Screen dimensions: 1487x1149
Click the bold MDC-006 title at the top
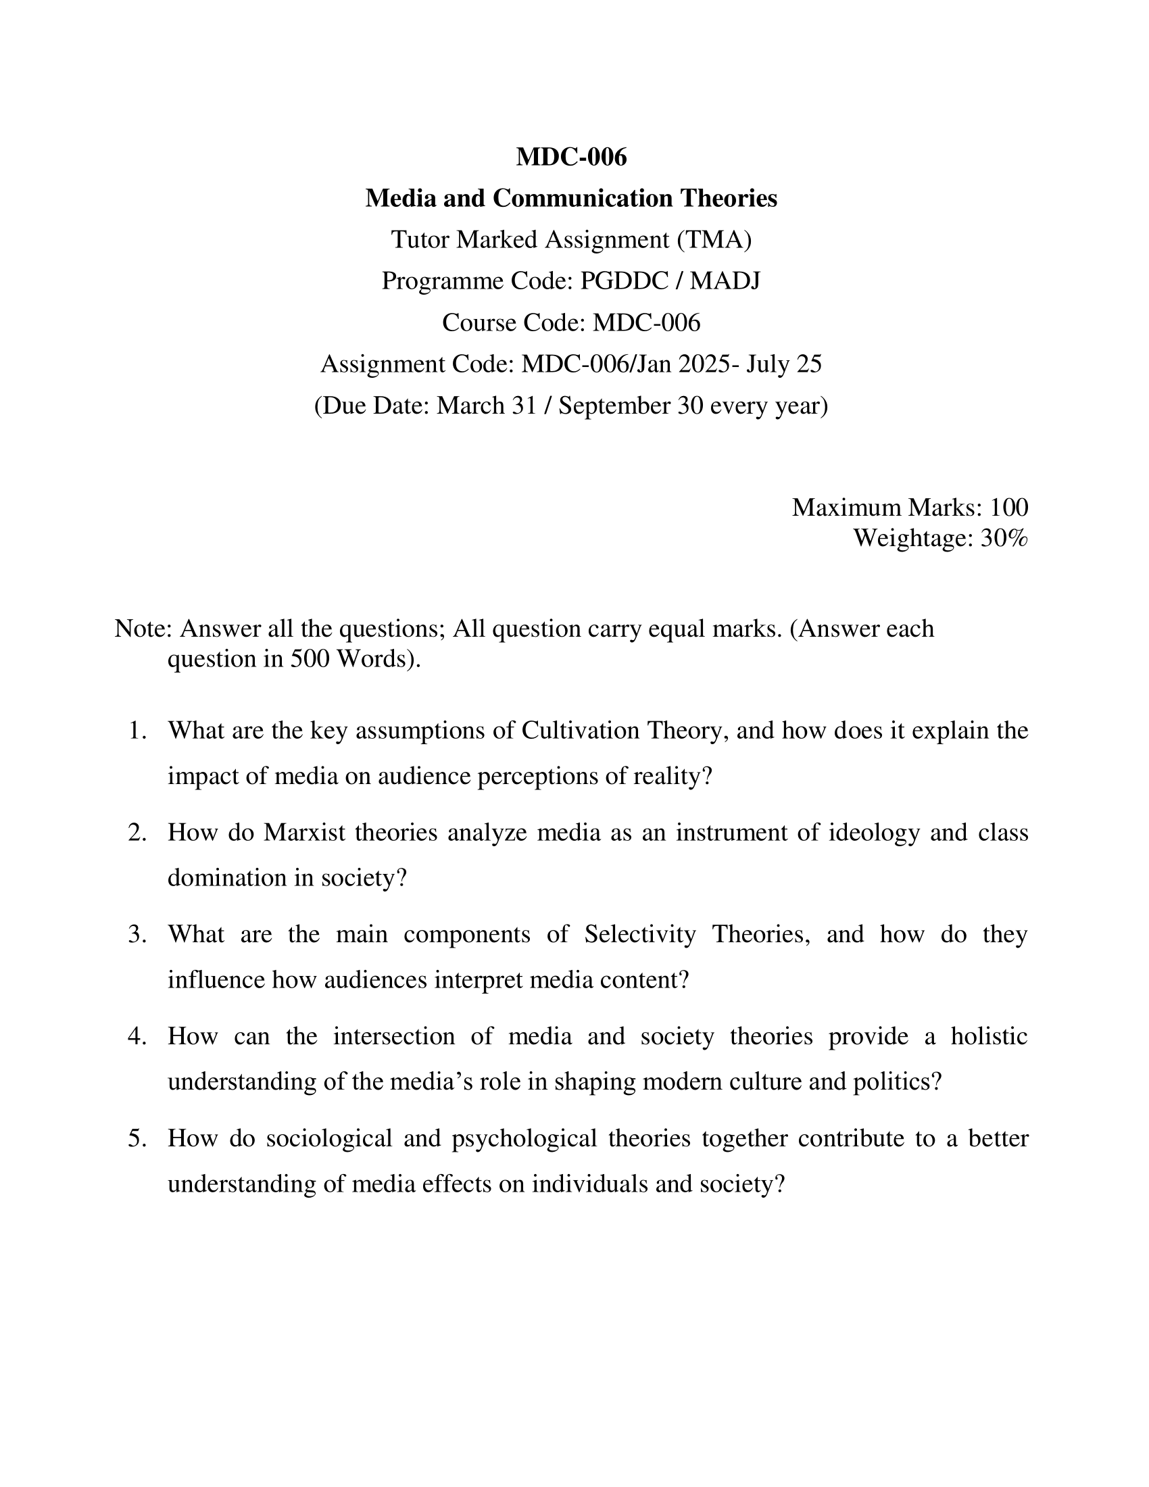point(571,157)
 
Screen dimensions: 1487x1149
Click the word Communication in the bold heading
point(582,199)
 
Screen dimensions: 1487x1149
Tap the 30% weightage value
point(1003,539)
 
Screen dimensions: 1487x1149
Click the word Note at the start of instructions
point(141,629)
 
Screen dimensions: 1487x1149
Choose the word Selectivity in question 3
point(640,934)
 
